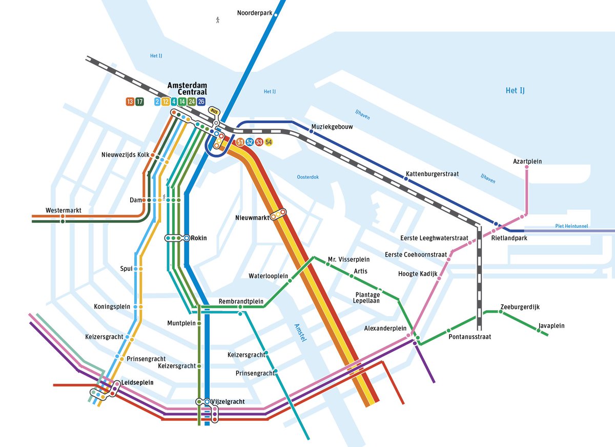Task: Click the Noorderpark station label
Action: tap(254, 13)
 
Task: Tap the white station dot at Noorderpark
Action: tap(276, 15)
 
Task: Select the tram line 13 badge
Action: tap(130, 102)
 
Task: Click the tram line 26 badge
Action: tap(201, 102)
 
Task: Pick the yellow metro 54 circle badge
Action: tap(269, 142)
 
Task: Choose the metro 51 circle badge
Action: tap(240, 142)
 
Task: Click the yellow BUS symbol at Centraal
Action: tap(213, 110)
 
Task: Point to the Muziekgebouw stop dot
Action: tap(311, 131)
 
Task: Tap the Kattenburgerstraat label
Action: tap(432, 174)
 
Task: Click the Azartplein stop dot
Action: tap(527, 167)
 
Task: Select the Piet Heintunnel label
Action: tap(571, 226)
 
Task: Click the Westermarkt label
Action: tap(63, 210)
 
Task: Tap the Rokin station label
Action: tap(199, 238)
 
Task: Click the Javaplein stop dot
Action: tap(539, 331)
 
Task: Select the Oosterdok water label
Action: tap(307, 177)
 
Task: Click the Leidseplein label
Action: tap(137, 382)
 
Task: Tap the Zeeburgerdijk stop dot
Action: tap(501, 312)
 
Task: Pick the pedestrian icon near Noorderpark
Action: tap(218, 20)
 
